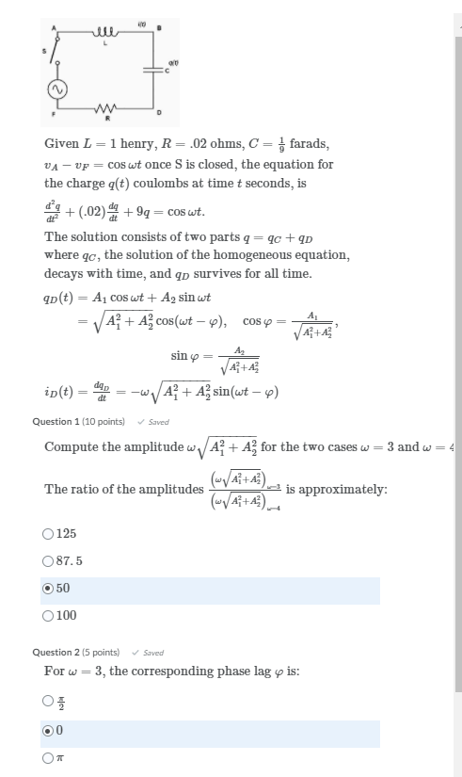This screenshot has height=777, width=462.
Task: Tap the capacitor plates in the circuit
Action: pyautogui.click(x=153, y=69)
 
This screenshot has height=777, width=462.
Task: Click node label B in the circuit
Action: pyautogui.click(x=159, y=26)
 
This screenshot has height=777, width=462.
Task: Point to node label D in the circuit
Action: pyautogui.click(x=159, y=113)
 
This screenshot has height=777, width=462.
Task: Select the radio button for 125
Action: pyautogui.click(x=48, y=533)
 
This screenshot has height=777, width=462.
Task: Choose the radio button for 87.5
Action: pyautogui.click(x=48, y=560)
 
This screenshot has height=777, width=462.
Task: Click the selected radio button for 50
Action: pyautogui.click(x=48, y=589)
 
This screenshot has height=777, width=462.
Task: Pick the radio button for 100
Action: pyautogui.click(x=48, y=616)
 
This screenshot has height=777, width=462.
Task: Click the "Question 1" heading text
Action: pyautogui.click(x=55, y=421)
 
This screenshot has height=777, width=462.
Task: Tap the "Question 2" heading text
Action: pyautogui.click(x=55, y=652)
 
